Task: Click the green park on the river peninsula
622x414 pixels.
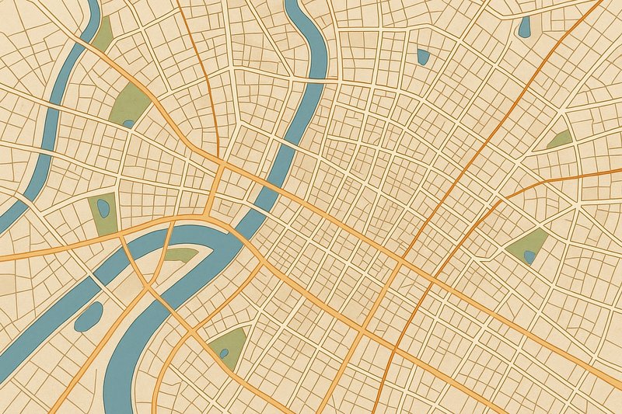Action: click(x=181, y=254)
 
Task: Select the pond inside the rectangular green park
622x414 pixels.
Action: click(x=102, y=207)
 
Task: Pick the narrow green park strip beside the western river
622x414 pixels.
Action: click(x=103, y=33)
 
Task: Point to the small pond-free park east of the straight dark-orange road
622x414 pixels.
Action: click(x=559, y=140)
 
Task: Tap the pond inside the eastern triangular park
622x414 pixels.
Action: click(x=529, y=256)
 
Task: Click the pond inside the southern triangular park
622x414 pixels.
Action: click(x=224, y=353)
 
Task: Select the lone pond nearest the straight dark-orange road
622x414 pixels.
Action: click(x=525, y=27)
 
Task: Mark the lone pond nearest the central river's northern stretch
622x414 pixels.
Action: click(x=423, y=56)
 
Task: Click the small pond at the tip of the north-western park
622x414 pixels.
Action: click(x=128, y=123)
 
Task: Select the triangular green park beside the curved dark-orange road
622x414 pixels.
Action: click(x=529, y=245)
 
